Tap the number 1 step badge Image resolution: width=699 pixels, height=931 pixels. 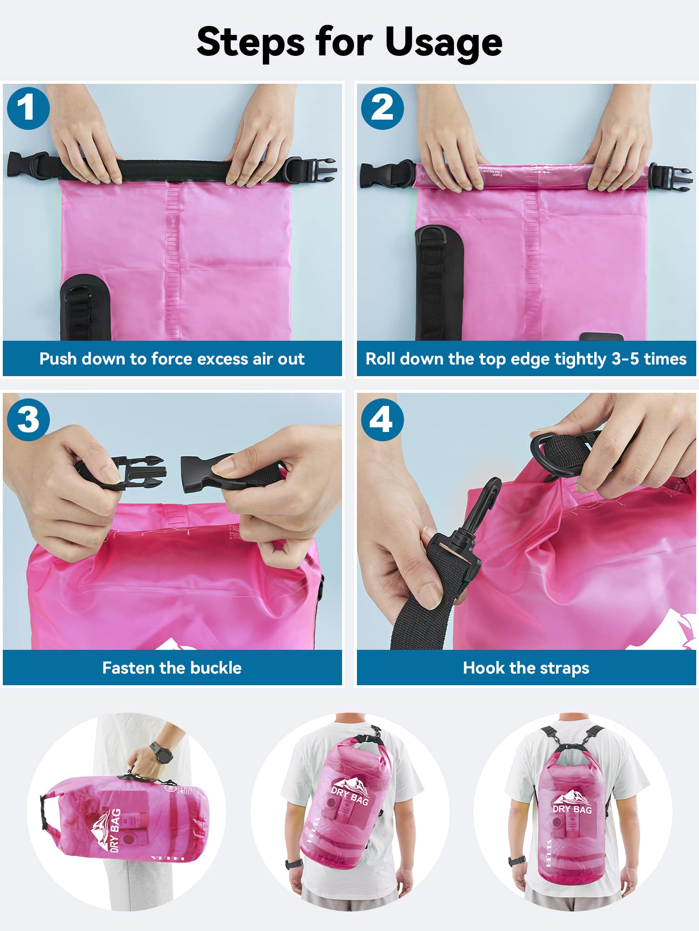click(x=28, y=108)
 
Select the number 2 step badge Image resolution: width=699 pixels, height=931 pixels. click(x=382, y=108)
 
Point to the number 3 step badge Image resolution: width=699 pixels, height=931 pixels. click(x=28, y=419)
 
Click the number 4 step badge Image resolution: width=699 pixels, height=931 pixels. click(x=382, y=419)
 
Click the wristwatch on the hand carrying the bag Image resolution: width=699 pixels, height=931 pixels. click(x=161, y=753)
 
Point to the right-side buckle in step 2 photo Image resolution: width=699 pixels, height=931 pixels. click(x=671, y=177)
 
